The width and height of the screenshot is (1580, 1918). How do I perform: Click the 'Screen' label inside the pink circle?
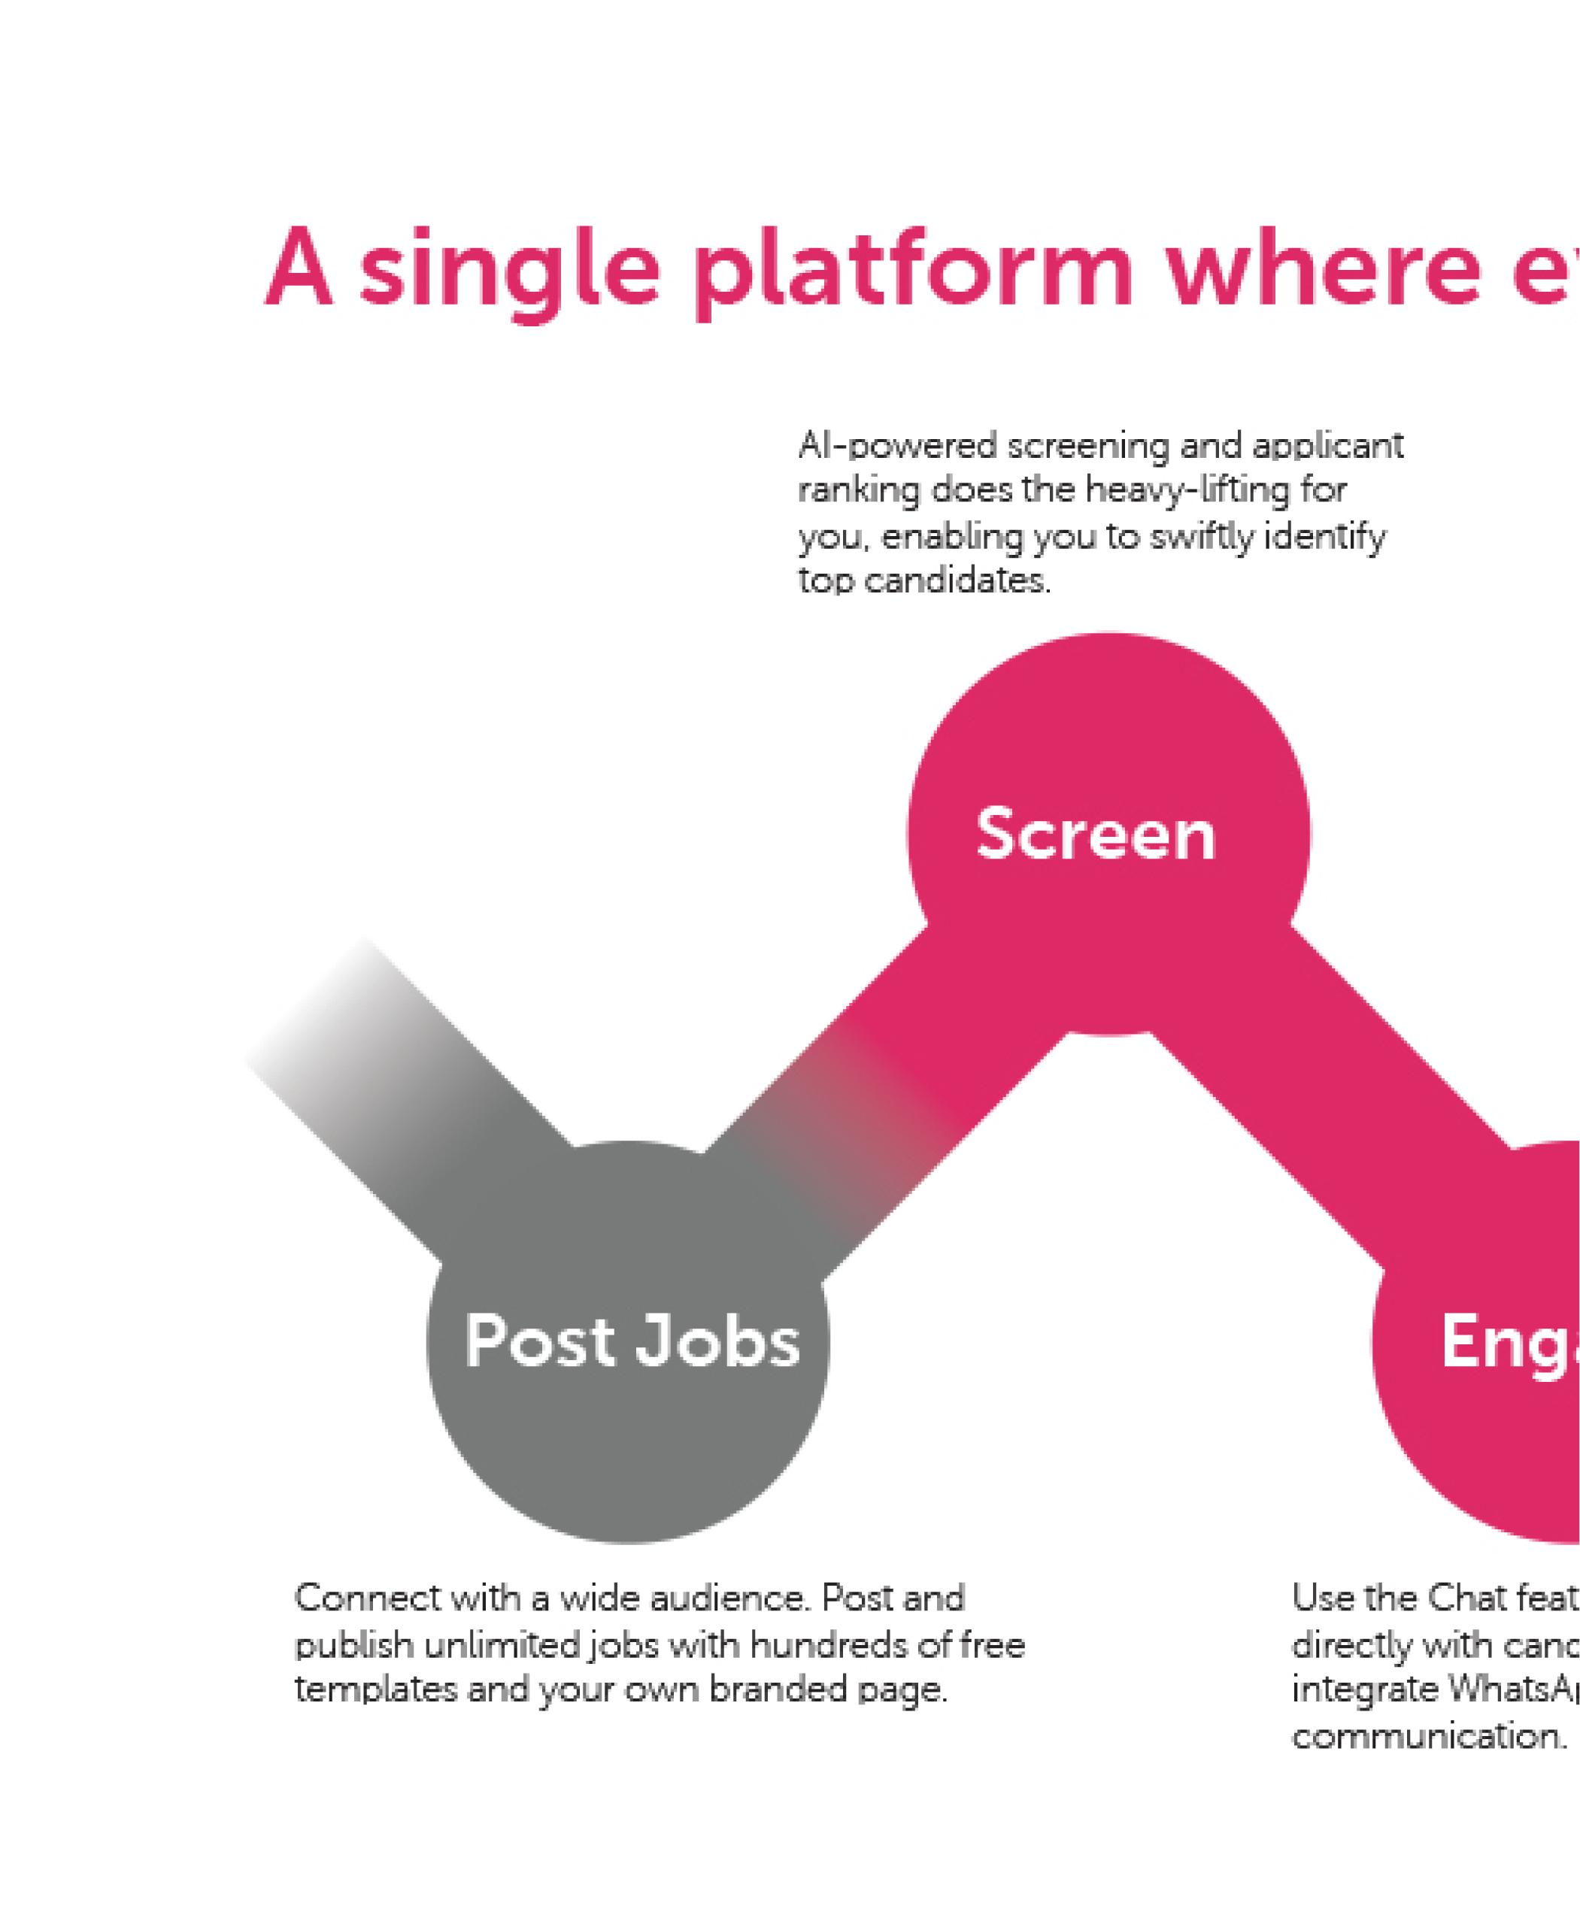coord(1095,835)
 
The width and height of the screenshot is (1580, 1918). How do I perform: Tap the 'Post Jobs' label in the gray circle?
coord(632,1341)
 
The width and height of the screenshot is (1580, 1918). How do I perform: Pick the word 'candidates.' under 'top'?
coord(957,581)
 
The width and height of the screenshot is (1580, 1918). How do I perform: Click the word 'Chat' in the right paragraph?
coord(1466,1598)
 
